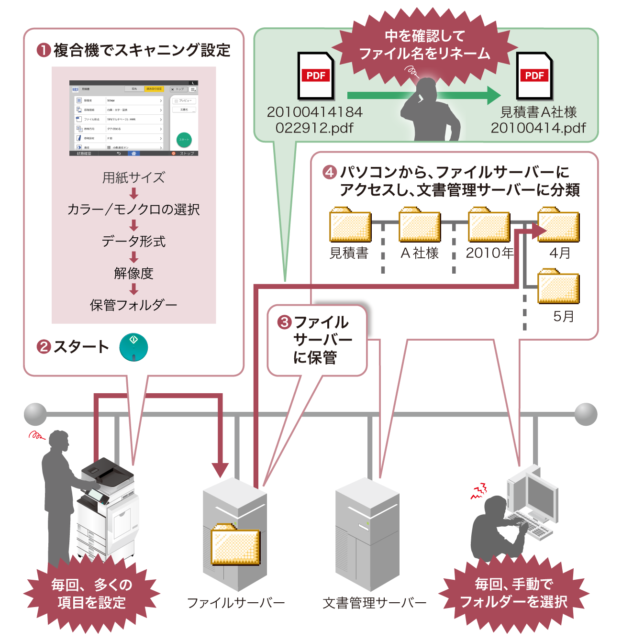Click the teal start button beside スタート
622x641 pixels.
133,347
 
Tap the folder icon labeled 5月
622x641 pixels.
558,287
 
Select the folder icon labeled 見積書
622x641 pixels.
350,225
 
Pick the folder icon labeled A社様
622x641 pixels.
420,225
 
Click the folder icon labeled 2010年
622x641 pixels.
489,225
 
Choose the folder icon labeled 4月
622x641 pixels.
558,225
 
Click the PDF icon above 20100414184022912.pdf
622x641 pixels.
316,76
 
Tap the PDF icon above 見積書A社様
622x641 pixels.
534,76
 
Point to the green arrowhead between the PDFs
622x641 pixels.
493,95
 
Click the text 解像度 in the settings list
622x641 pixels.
133,273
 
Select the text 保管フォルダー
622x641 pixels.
133,305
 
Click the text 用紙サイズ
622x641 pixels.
133,177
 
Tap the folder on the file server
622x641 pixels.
235,545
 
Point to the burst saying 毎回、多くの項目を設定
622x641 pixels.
92,594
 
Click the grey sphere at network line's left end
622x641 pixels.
35,414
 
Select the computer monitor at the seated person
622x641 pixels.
542,495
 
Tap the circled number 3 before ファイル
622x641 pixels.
285,322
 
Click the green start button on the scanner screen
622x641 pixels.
184,139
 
